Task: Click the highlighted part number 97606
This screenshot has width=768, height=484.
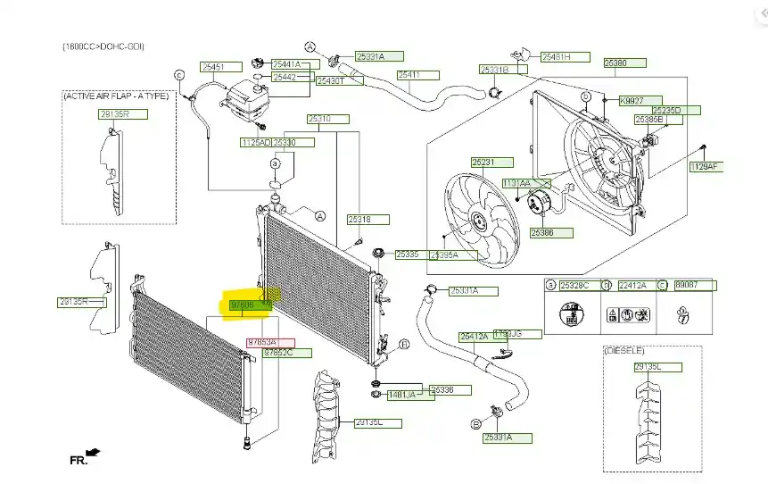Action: pyautogui.click(x=244, y=305)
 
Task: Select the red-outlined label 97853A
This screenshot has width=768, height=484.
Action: pyautogui.click(x=261, y=342)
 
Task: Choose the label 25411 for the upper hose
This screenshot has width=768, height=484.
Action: pyautogui.click(x=409, y=75)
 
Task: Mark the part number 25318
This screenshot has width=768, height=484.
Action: pyautogui.click(x=359, y=219)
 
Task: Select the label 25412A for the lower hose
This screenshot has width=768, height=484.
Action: pyautogui.click(x=474, y=337)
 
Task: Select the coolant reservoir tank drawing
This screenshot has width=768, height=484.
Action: pyautogui.click(x=250, y=94)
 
